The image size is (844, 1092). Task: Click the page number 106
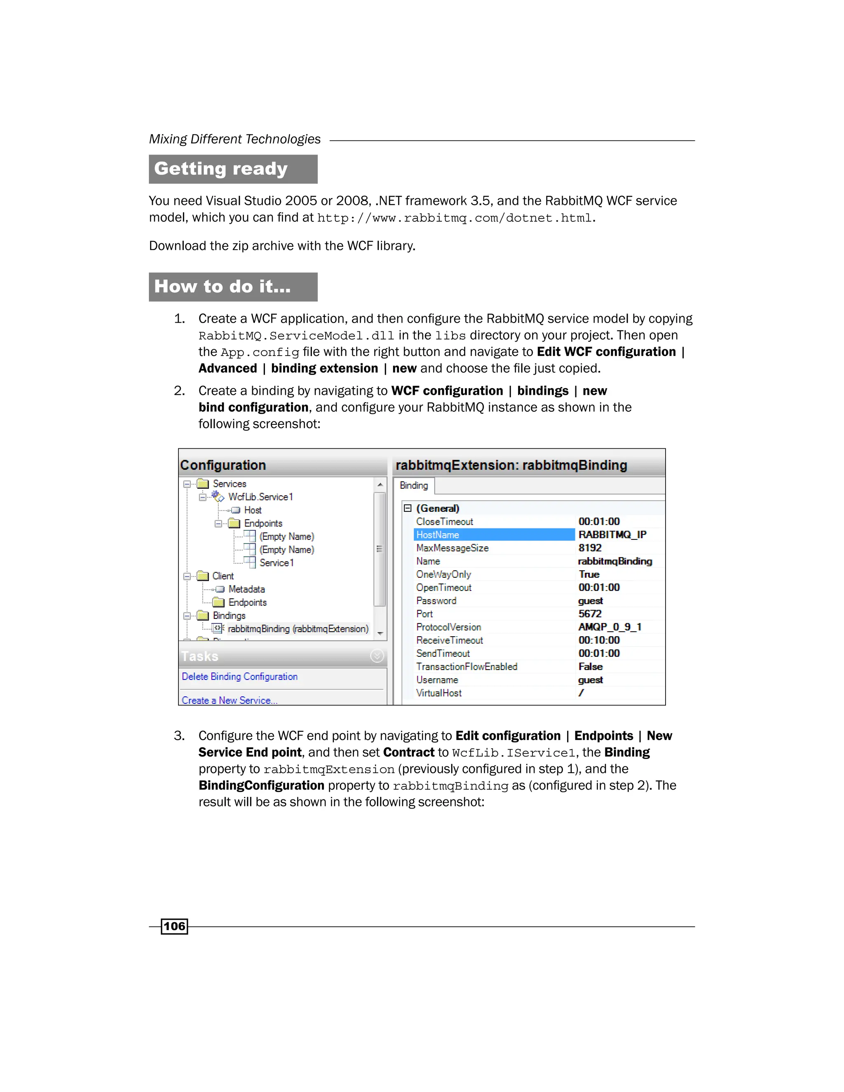point(174,926)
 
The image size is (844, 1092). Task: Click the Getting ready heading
point(221,169)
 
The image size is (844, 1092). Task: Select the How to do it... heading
point(223,286)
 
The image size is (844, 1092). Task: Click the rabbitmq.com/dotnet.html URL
point(455,218)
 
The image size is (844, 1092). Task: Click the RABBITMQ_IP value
point(612,534)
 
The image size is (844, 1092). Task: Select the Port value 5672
point(590,614)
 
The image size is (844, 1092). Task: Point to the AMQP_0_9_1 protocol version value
point(610,627)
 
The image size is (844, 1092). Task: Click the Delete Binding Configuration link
point(239,677)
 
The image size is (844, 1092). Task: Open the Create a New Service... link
point(229,700)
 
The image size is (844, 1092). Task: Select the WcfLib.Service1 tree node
point(260,497)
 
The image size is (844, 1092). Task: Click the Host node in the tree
point(253,510)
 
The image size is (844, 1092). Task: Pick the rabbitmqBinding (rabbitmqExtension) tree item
point(298,629)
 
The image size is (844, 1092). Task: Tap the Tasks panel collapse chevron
point(377,656)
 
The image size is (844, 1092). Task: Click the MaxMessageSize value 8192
point(590,548)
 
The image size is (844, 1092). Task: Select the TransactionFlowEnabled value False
point(591,666)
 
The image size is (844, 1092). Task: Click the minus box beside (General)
point(408,508)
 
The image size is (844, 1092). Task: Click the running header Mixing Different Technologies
point(234,139)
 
